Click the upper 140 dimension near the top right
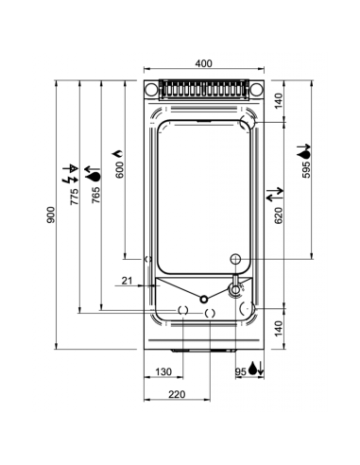tap(279, 100)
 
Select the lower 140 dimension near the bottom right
tap(279, 327)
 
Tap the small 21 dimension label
tap(129, 280)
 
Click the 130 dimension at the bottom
tap(163, 372)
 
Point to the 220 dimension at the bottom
tap(176, 393)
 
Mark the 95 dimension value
tap(240, 372)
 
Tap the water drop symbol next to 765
tap(93, 174)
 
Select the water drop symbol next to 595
tap(304, 149)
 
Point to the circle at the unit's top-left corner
tap(152, 90)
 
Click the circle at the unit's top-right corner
tap(255, 90)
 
